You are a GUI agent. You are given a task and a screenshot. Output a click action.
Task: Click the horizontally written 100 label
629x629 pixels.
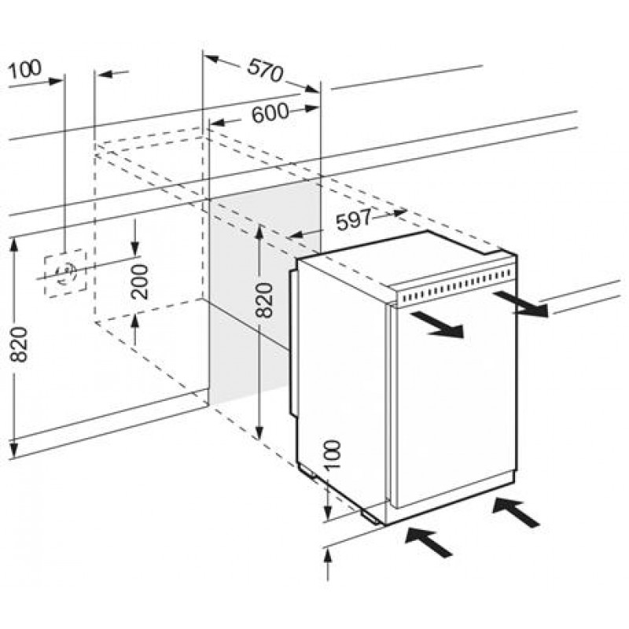[24, 69]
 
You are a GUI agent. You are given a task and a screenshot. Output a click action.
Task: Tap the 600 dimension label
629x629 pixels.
[270, 112]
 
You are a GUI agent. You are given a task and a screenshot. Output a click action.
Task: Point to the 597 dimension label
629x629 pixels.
[354, 220]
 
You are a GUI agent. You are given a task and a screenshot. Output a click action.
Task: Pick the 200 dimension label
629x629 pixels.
[140, 281]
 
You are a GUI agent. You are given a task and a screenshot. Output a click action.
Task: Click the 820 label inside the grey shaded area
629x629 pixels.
[264, 300]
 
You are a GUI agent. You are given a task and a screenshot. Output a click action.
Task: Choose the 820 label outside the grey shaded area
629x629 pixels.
[19, 344]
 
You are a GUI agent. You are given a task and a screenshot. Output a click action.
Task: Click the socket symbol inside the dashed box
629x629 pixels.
[65, 272]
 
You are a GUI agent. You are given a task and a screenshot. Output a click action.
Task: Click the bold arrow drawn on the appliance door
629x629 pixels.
[437, 324]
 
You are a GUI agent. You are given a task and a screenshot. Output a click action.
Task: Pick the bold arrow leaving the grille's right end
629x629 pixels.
[520, 303]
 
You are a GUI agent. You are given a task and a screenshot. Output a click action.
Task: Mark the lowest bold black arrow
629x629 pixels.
[429, 542]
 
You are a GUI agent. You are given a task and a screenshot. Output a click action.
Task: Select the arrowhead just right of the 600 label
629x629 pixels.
[311, 109]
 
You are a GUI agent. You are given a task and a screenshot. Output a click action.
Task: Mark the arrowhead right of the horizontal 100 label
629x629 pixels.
[55, 82]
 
